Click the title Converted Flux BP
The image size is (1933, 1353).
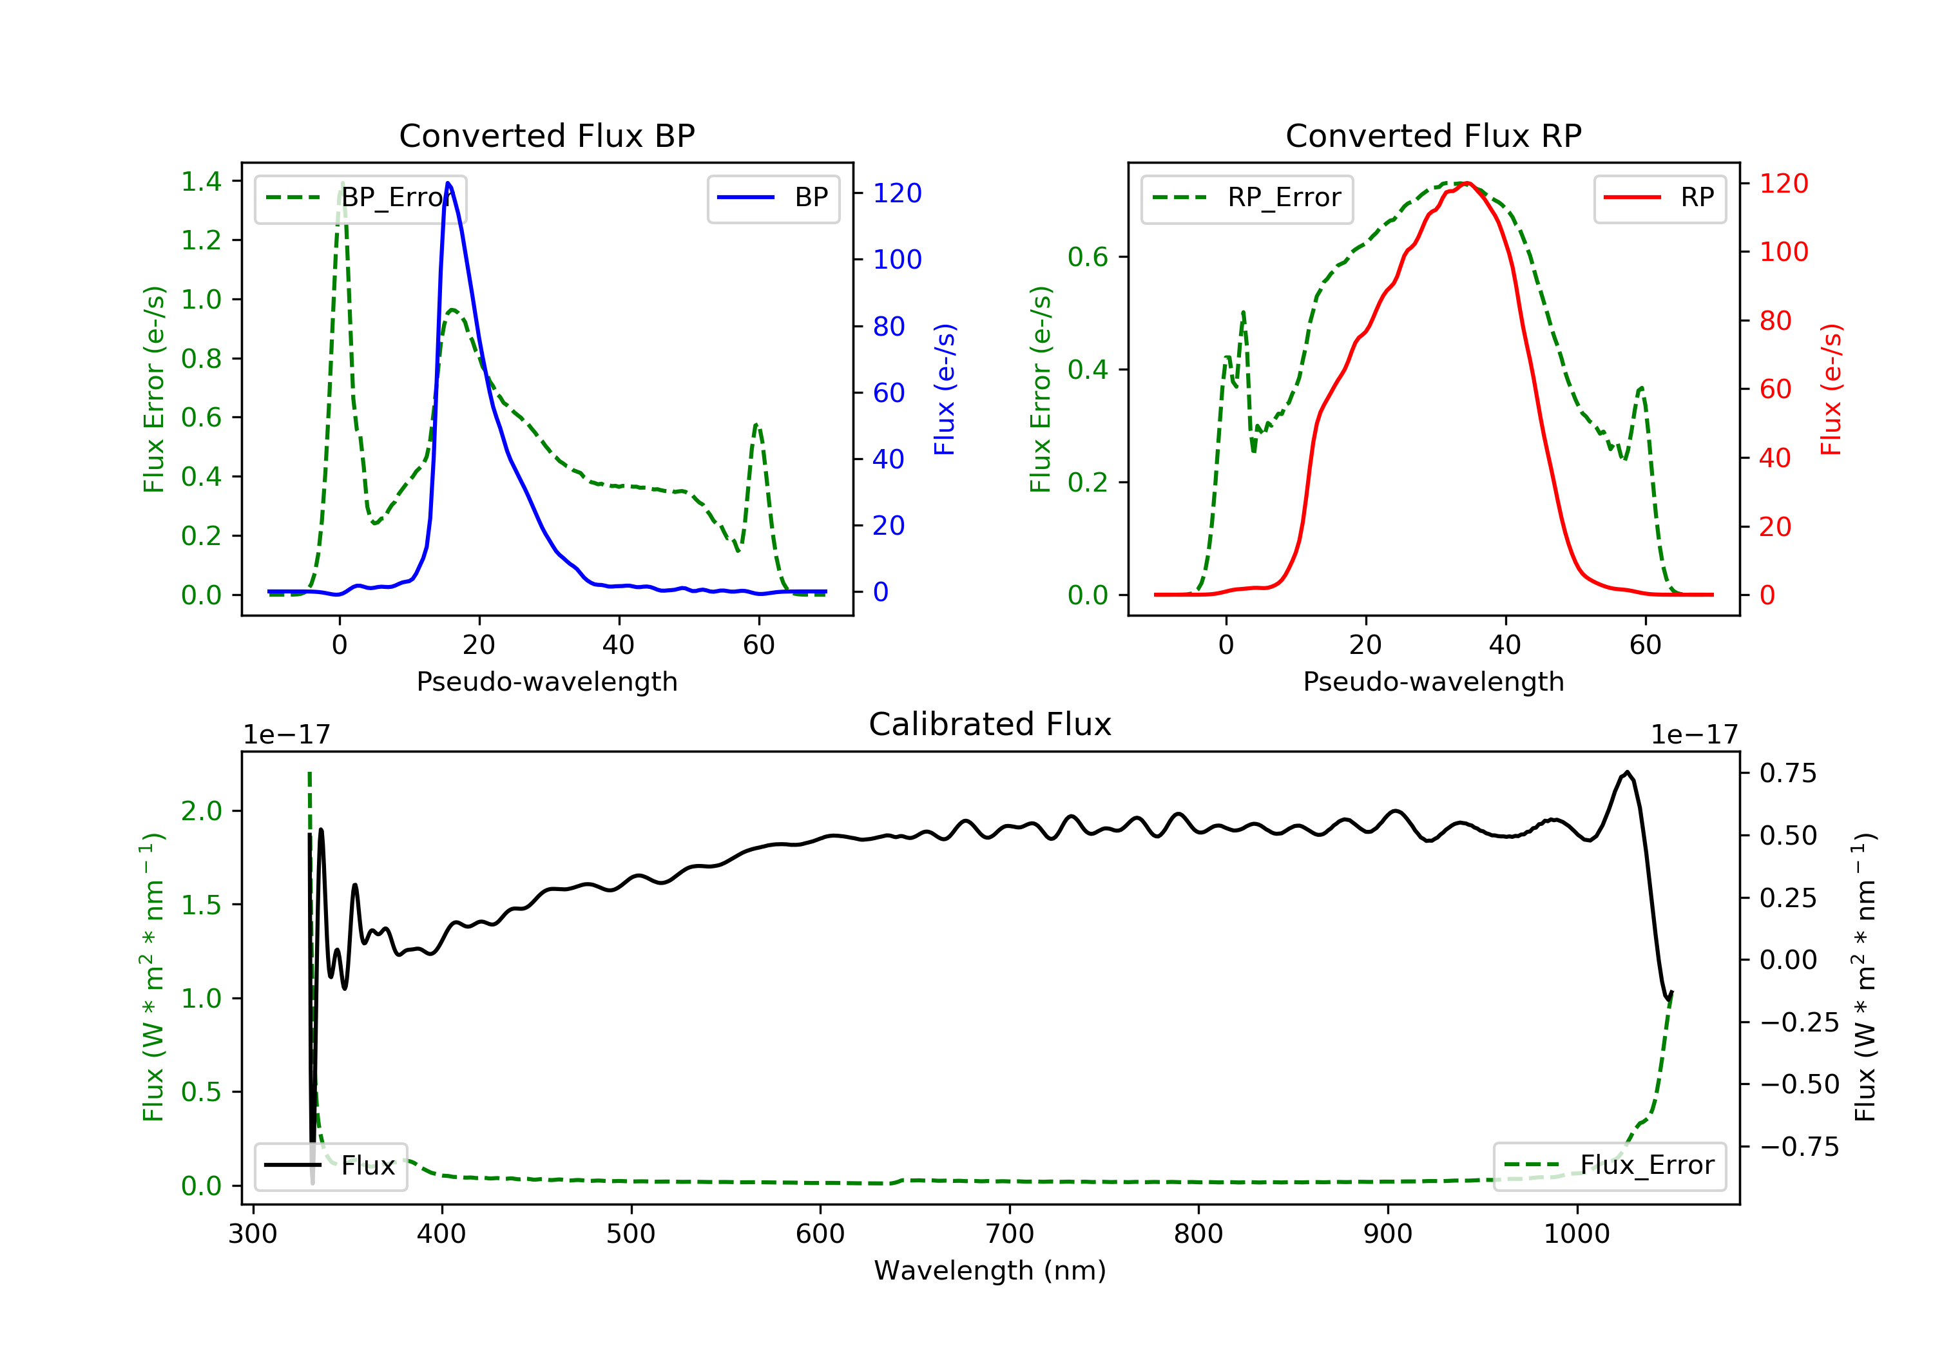click(546, 135)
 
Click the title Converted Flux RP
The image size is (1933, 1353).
click(1433, 135)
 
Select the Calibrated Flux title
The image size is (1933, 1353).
click(990, 724)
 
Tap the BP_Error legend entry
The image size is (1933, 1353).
click(360, 198)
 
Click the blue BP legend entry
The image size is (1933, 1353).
click(773, 198)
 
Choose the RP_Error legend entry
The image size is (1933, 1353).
click(1247, 198)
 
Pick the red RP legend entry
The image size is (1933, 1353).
click(1659, 198)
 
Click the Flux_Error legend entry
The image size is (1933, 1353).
click(1609, 1166)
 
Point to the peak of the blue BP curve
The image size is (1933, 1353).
click(448, 183)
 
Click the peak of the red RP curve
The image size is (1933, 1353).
click(1467, 183)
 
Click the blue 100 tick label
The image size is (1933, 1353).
click(898, 259)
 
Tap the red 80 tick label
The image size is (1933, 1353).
click(1776, 321)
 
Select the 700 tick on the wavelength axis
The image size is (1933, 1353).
click(1010, 1234)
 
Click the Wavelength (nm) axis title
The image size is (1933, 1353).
click(990, 1271)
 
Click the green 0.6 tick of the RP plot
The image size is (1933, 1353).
click(1088, 257)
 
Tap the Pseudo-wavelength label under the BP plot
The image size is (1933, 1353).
click(547, 681)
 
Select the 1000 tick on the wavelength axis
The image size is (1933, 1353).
click(1577, 1234)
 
